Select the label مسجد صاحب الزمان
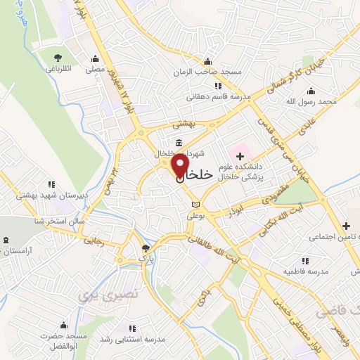coord(207,72)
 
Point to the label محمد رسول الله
coord(317,102)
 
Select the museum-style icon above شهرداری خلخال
coord(180,143)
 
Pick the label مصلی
coord(95,70)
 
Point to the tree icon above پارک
coord(146,247)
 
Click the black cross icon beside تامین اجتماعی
coord(346,226)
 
